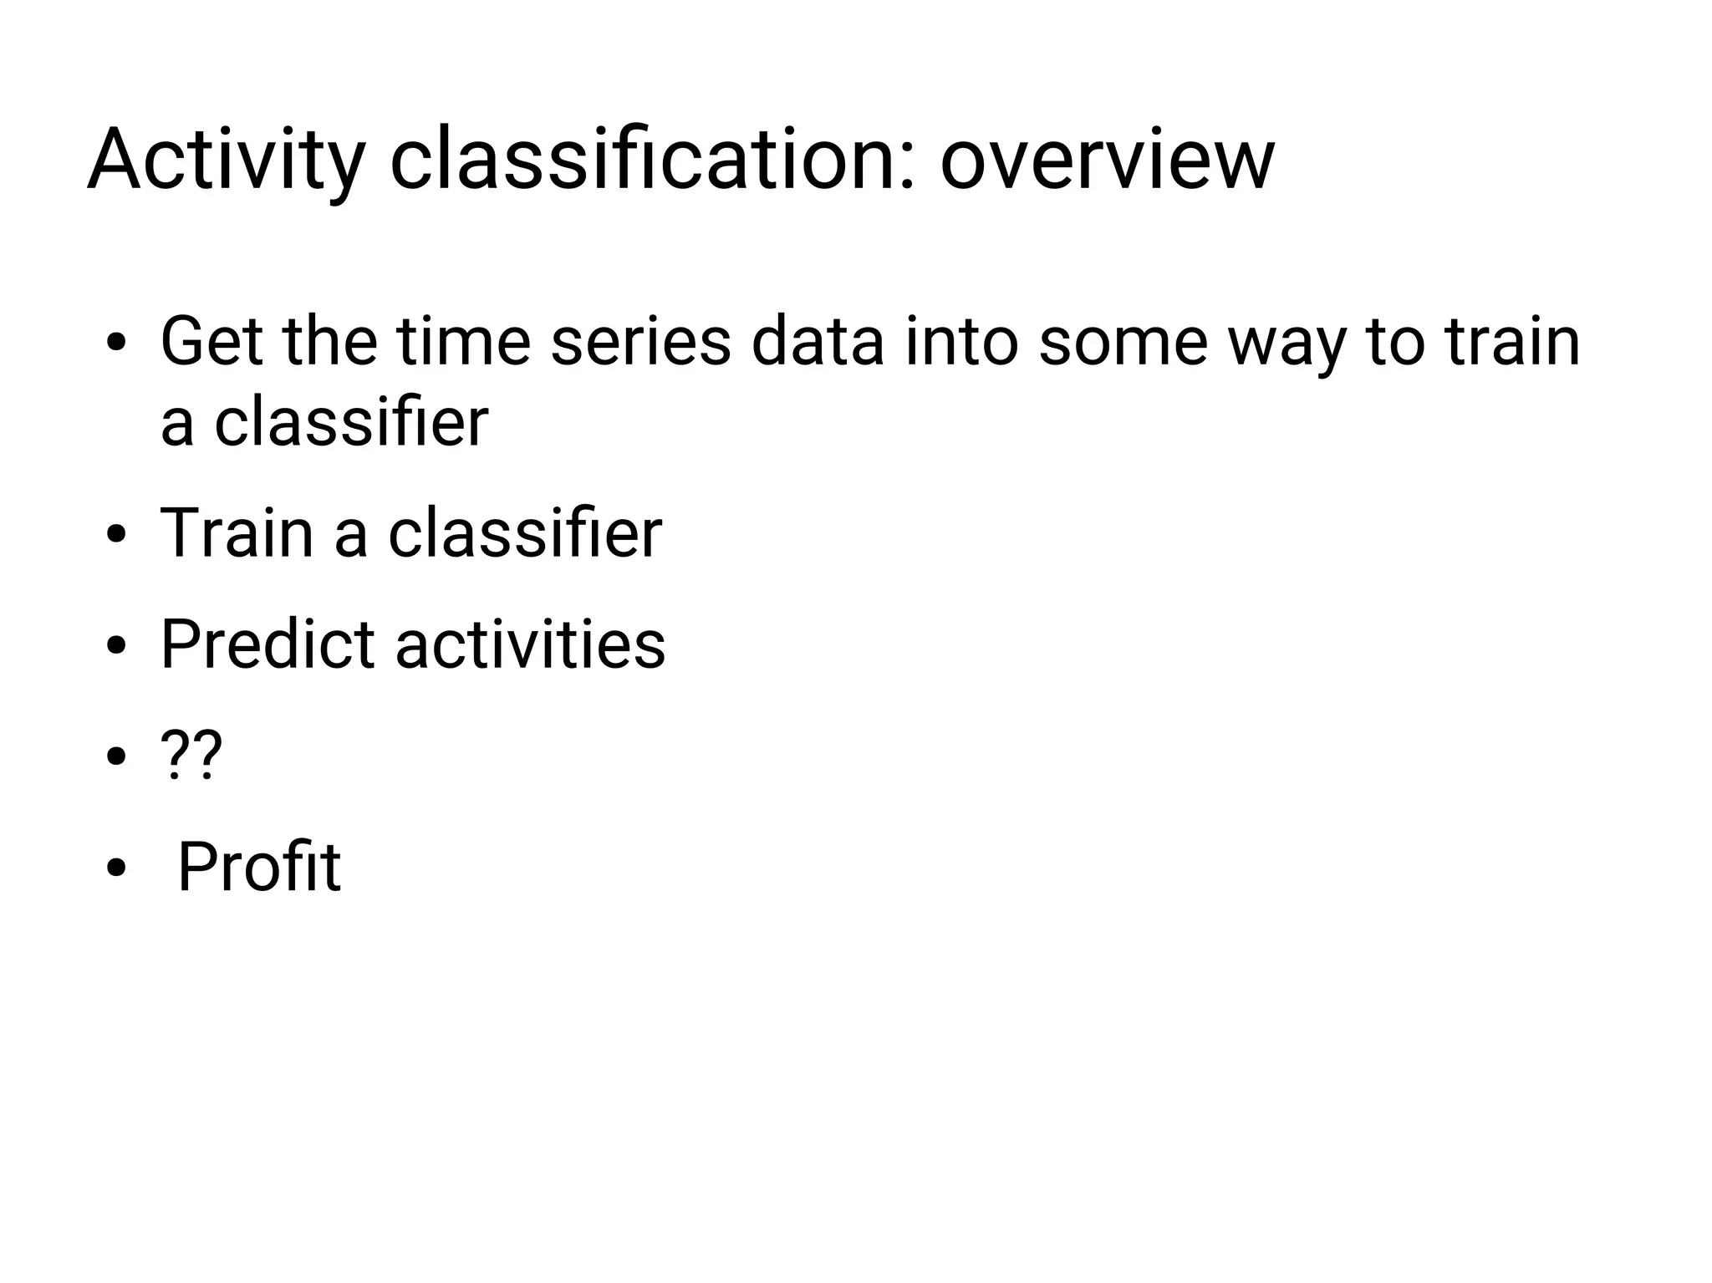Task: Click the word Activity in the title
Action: (226, 160)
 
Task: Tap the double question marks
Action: (191, 755)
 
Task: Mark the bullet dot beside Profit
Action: (116, 868)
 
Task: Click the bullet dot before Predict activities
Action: (116, 646)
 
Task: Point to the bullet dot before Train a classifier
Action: (116, 535)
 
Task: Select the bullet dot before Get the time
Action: (116, 344)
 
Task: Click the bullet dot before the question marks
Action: (116, 757)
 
